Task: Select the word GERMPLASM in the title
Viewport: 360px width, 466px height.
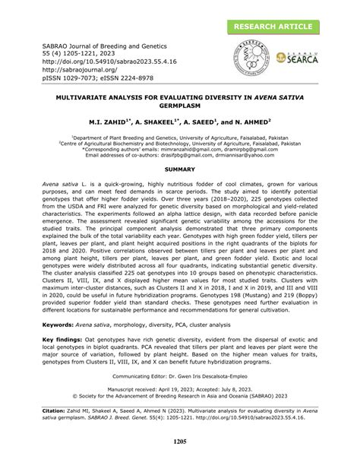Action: tap(180, 106)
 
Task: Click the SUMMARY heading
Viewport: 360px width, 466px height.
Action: tap(180, 166)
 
